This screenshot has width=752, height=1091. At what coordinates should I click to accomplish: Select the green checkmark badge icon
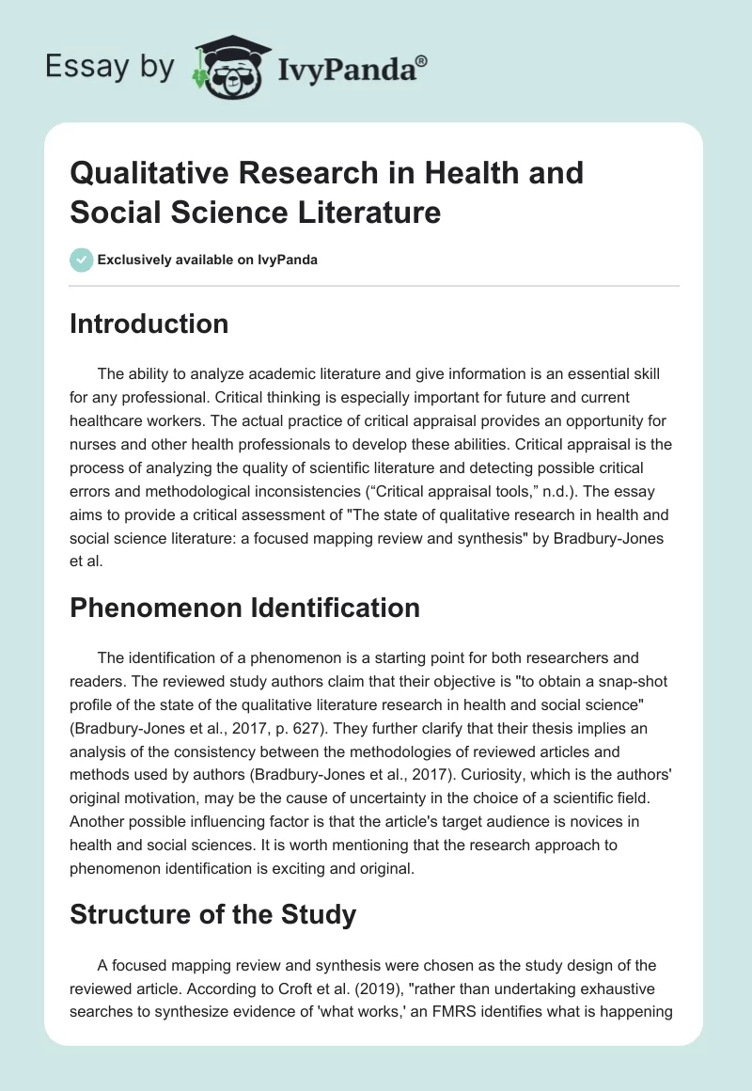coord(82,260)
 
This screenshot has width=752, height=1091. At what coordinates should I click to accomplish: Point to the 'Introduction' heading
coord(149,324)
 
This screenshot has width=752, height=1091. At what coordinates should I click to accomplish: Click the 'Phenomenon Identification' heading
coord(245,608)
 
